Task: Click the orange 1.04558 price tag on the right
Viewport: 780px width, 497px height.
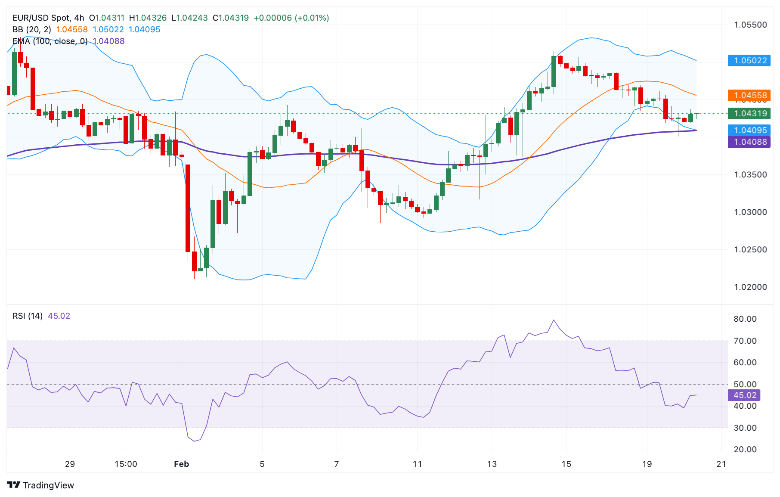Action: point(749,96)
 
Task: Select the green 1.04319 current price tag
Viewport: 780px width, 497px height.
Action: point(749,114)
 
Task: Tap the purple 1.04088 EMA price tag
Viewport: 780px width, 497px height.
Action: point(749,142)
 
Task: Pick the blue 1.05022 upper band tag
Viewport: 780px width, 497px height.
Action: point(749,61)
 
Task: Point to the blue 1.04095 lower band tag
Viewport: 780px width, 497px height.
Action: point(749,130)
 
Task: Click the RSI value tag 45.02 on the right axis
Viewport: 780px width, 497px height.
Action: point(744,395)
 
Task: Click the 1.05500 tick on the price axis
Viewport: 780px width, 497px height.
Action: point(750,25)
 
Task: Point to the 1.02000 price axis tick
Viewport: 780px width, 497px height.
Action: point(750,287)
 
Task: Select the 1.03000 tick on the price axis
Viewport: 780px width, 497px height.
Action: point(750,212)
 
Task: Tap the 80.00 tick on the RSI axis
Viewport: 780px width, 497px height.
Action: point(745,319)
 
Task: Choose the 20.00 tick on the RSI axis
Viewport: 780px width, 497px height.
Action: point(745,450)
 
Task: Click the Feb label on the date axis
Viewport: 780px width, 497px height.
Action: point(181,464)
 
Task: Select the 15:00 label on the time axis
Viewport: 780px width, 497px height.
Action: point(126,464)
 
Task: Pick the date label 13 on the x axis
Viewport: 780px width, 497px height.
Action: point(492,464)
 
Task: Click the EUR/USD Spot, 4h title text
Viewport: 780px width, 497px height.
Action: point(48,18)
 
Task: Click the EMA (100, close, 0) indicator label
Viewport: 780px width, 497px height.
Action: point(50,41)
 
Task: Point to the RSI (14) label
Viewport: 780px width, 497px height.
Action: point(28,316)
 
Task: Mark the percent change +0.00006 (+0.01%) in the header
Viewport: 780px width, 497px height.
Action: point(291,18)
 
